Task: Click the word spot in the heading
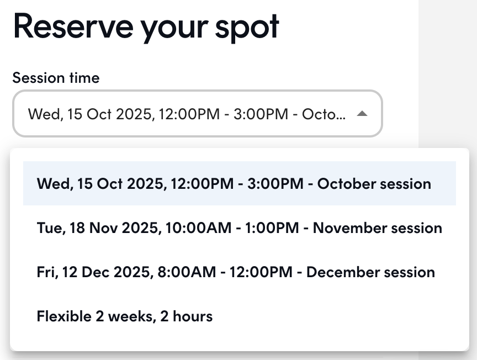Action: pos(247,28)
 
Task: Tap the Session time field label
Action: pos(56,78)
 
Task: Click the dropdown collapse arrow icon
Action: pos(362,114)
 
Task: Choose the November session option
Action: pos(240,227)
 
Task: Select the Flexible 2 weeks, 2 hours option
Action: pos(125,316)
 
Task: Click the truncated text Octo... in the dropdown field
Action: pos(324,114)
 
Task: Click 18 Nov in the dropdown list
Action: pos(94,227)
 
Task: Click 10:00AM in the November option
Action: pos(198,228)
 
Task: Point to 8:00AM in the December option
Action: pos(187,272)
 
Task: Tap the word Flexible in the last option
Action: pos(64,316)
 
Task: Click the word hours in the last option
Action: pos(193,316)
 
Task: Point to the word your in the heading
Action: pos(174,30)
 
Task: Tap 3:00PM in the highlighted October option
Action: pos(275,184)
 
